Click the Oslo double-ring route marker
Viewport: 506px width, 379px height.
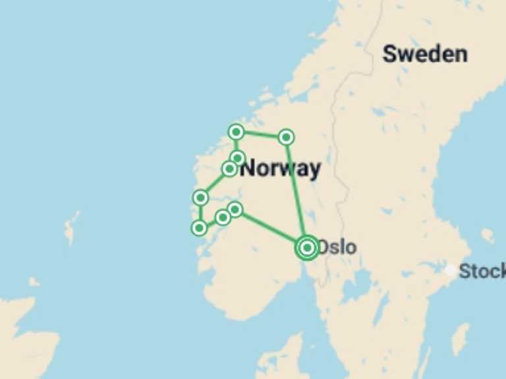click(307, 247)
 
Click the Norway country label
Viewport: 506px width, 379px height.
click(281, 168)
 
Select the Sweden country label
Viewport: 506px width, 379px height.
click(425, 54)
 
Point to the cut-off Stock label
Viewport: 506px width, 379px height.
click(482, 270)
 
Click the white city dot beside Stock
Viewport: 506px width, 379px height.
click(450, 270)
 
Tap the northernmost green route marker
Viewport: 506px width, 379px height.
click(236, 132)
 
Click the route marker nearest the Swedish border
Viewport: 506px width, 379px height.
click(286, 137)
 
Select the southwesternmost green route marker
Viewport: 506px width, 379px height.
click(198, 228)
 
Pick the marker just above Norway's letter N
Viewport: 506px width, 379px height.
click(238, 157)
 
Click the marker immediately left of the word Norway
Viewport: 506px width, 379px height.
click(229, 169)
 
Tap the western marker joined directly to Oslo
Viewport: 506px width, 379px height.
click(235, 210)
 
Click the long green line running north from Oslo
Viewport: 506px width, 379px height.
click(296, 191)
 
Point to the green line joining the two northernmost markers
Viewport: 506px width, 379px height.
click(261, 135)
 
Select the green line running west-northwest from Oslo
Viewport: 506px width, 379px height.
click(270, 228)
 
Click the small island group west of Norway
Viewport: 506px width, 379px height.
click(70, 227)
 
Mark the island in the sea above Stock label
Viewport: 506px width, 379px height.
click(488, 235)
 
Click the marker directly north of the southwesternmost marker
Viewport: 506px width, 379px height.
click(200, 197)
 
